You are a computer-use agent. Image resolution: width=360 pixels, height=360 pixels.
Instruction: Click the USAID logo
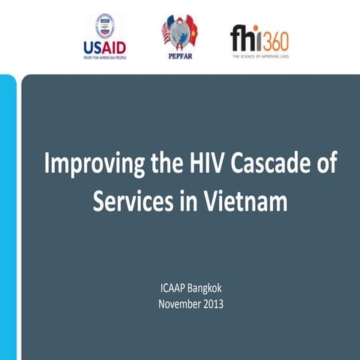click(x=104, y=36)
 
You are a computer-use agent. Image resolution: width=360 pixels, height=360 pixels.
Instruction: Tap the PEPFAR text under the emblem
click(x=178, y=55)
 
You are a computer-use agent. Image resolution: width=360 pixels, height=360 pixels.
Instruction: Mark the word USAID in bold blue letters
click(x=104, y=47)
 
